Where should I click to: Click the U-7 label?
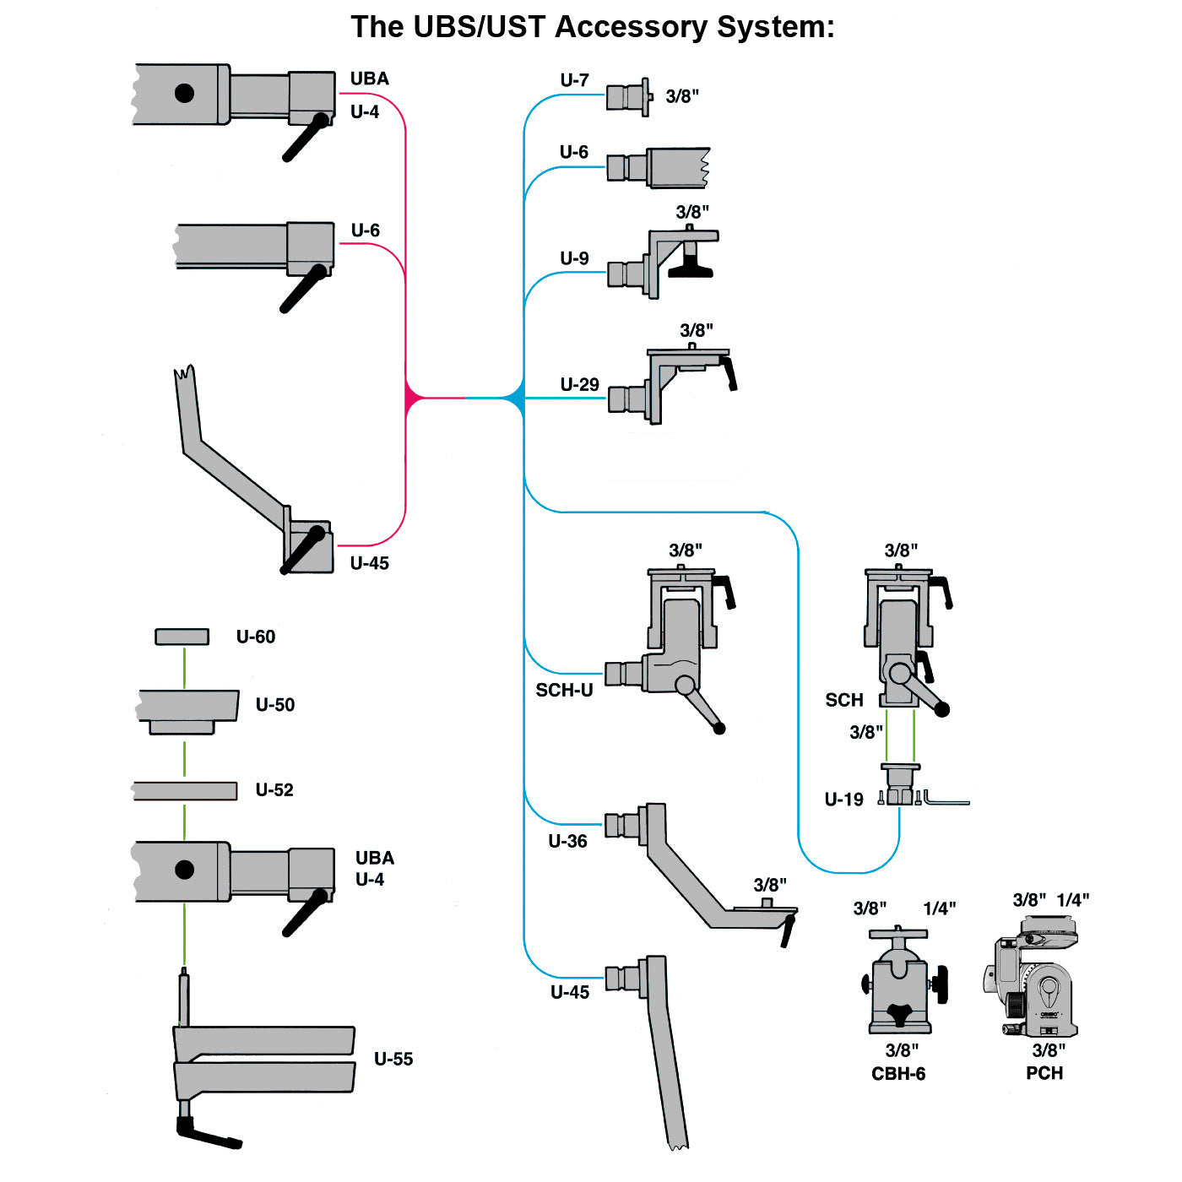tap(574, 80)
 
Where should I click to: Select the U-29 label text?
tap(579, 385)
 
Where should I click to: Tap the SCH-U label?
tap(564, 690)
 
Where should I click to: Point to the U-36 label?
tap(567, 841)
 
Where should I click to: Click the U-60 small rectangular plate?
tap(182, 637)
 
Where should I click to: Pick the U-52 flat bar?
tap(185, 791)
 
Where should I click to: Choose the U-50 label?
tap(275, 705)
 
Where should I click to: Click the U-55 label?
tap(393, 1059)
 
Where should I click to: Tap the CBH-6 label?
tap(898, 1074)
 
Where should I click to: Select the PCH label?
tap(1044, 1073)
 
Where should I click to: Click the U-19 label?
tap(843, 800)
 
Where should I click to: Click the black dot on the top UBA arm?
tap(184, 93)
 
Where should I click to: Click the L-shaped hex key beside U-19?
tap(946, 800)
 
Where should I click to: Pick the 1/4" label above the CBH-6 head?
tap(939, 908)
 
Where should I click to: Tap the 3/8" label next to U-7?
tap(682, 96)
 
